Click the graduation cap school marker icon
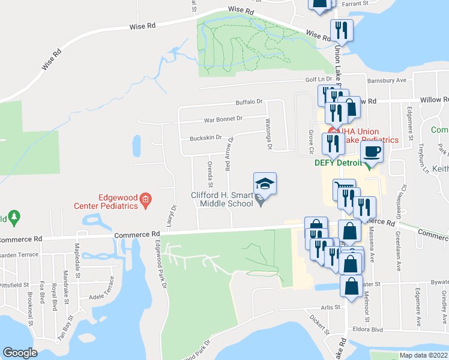265,183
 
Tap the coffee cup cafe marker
372,152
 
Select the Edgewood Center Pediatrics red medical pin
145,200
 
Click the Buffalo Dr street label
249,102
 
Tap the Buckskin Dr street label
206,137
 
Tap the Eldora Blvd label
369,329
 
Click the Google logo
20,353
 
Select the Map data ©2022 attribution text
423,355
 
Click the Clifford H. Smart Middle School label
222,199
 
